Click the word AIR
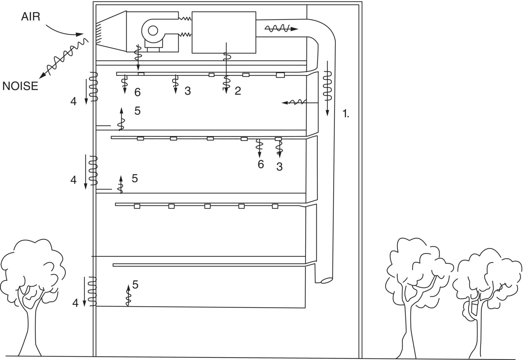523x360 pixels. [x=31, y=16]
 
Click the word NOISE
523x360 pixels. [x=20, y=86]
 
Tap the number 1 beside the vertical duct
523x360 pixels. [x=345, y=114]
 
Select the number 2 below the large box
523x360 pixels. [x=238, y=91]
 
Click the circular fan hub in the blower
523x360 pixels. [x=153, y=31]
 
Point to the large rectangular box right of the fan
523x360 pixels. [x=224, y=32]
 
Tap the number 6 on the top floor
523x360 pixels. [x=137, y=92]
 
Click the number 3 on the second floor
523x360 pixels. [x=279, y=167]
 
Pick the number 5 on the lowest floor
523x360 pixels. [x=135, y=285]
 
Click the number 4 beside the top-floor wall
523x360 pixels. [x=73, y=101]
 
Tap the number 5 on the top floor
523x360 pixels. [x=137, y=111]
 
